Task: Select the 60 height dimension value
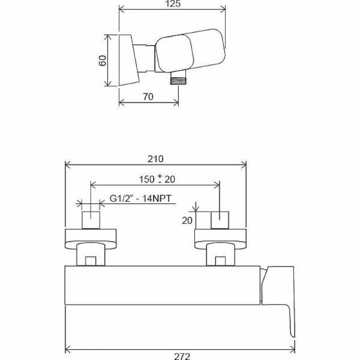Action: tap(102, 60)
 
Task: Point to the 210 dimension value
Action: tap(155, 159)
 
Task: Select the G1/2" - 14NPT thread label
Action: tap(141, 201)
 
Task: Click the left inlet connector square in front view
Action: tap(91, 220)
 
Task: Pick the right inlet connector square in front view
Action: tap(220, 220)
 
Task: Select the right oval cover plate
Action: tap(220, 239)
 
